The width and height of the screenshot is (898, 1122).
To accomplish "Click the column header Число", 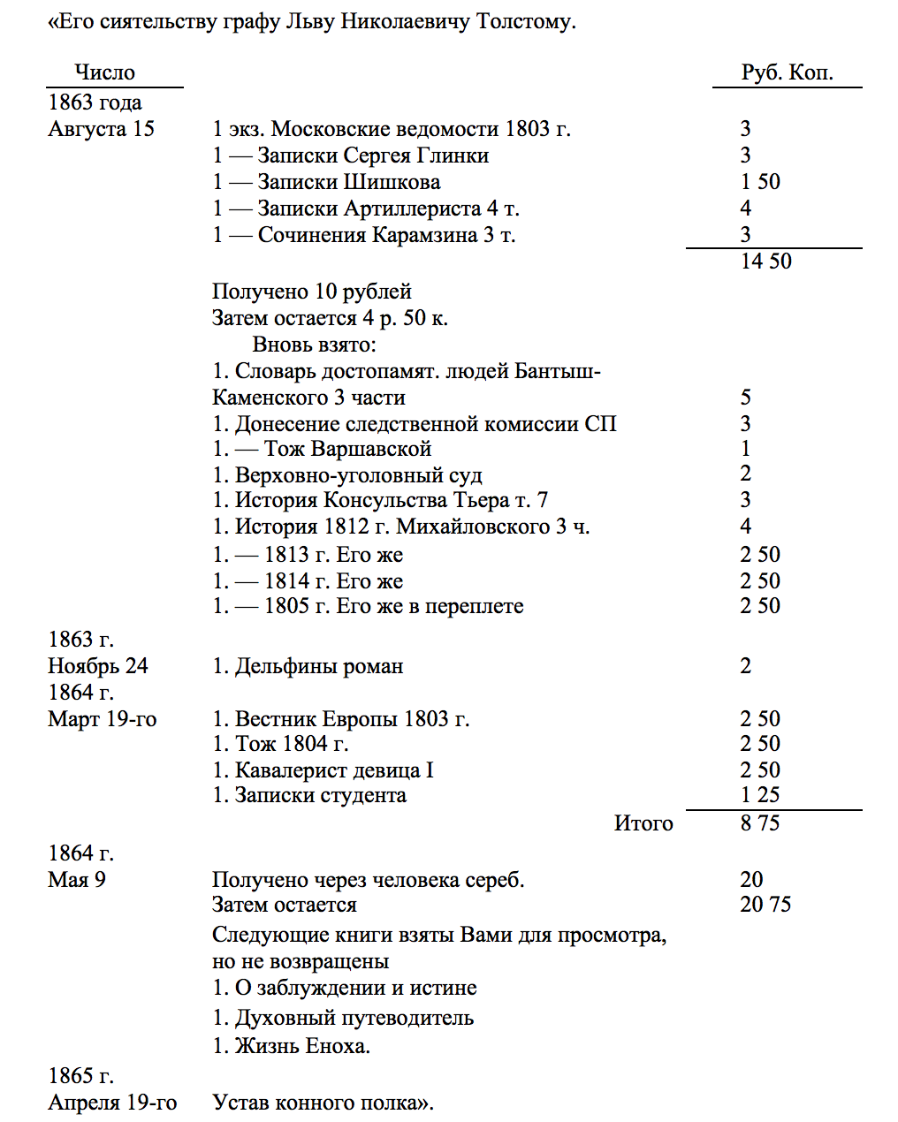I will [104, 72].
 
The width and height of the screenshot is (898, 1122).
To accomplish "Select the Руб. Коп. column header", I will [787, 72].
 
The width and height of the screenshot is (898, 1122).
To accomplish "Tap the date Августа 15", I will [101, 129].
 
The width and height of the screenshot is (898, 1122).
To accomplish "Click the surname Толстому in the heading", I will [526, 21].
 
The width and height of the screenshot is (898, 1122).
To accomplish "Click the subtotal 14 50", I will [765, 262].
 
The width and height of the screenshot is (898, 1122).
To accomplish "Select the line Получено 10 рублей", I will [312, 292].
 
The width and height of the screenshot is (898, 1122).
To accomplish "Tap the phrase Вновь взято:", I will [315, 345].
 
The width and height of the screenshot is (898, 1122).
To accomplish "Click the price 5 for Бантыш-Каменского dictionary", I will [745, 398].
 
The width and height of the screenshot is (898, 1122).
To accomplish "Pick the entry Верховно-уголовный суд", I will [347, 475].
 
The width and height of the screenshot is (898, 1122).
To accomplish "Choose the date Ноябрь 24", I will [98, 666].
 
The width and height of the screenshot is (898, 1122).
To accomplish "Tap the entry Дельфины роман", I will [308, 666].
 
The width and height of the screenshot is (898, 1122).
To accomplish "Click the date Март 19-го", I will [102, 719].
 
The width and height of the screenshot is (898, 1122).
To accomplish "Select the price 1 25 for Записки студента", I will [759, 795].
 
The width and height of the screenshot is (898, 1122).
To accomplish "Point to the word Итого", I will [643, 823].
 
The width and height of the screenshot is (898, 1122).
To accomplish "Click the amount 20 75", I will [765, 905].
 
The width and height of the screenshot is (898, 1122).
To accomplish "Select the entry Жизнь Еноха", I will [292, 1046].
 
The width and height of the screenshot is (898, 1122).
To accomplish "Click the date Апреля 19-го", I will [112, 1103].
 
